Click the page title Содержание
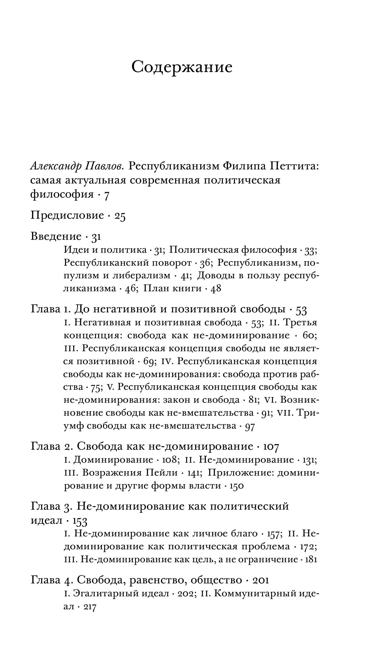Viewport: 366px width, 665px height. pos(182,67)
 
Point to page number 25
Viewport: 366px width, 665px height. pos(120,216)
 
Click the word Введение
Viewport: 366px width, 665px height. pos(56,236)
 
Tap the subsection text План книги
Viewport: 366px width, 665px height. pos(173,288)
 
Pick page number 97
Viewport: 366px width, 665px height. pos(250,426)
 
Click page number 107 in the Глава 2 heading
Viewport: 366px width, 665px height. pos(271,447)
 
